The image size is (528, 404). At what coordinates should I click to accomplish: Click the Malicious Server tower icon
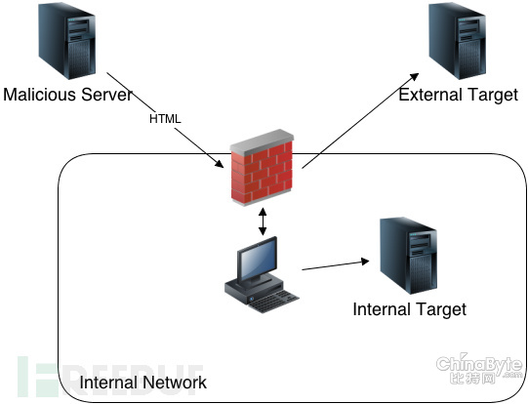coord(66,40)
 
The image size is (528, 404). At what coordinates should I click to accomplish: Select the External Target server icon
coord(457,40)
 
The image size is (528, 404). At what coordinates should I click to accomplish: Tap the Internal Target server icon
coord(408,256)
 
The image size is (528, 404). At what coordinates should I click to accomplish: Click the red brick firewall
coord(262,167)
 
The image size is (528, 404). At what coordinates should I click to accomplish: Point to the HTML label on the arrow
coord(165,119)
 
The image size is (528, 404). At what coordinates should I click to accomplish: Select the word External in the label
coord(430,95)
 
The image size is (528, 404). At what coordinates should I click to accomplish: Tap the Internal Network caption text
coord(143,383)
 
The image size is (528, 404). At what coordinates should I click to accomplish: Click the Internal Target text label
coord(410,309)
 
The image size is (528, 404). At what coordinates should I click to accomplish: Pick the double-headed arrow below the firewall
coord(263,222)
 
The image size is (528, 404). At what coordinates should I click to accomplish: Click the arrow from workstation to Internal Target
coord(336,265)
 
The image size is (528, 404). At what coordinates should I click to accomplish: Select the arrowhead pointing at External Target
coord(413,77)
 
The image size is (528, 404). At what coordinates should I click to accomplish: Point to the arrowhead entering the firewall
coord(219,163)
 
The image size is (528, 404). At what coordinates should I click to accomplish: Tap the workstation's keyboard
coord(274,301)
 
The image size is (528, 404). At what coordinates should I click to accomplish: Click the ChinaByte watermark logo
coord(479,369)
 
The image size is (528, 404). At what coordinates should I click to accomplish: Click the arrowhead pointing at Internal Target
coord(365,262)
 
